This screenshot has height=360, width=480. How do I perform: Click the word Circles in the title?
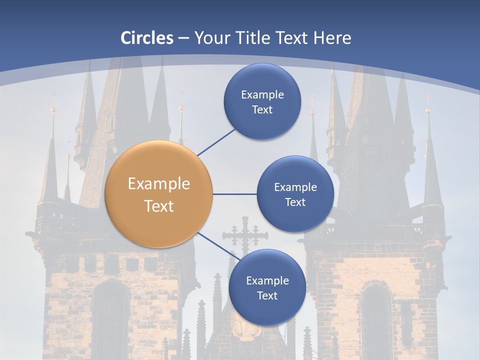click(147, 38)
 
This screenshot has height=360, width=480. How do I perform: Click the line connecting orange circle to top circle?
click(216, 141)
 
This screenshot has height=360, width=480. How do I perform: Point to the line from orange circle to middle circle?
click(235, 194)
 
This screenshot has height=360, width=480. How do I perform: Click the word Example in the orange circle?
click(159, 184)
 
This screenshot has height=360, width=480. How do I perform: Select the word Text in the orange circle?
click(159, 206)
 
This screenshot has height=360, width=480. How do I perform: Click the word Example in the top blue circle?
click(262, 94)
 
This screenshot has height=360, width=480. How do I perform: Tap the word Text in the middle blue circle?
click(295, 202)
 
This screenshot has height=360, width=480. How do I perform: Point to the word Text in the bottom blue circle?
click(267, 295)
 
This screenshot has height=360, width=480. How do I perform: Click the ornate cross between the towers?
click(245, 235)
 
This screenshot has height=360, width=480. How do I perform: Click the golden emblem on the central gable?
click(245, 327)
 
